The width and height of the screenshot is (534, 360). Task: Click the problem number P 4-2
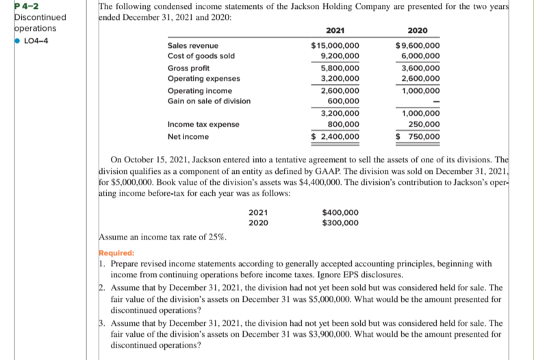[x=14, y=6]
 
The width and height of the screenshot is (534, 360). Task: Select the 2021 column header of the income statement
[x=335, y=31]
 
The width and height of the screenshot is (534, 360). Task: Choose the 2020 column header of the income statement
[x=418, y=31]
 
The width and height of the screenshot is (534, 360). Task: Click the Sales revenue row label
[x=194, y=46]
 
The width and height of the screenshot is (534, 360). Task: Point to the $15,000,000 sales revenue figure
[x=335, y=46]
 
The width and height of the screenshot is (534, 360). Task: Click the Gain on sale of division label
[x=209, y=101]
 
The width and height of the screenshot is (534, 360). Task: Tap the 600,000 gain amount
[x=344, y=101]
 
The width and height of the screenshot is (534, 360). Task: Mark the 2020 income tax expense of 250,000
[x=422, y=124]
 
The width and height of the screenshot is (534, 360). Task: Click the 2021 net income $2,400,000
[x=335, y=136]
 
